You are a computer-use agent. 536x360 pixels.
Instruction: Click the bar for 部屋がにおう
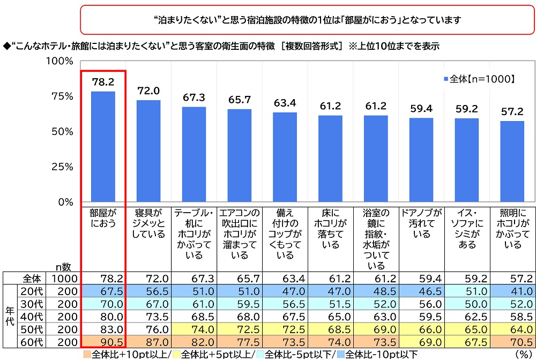pos(103,147)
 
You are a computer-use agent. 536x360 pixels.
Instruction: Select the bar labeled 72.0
pos(148,151)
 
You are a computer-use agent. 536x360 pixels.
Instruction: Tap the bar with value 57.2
pos(512,162)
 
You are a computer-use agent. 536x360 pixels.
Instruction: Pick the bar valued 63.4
pos(285,157)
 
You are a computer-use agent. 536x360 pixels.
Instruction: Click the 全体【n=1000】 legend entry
pos(479,79)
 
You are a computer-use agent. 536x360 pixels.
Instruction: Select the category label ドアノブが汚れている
pos(421,223)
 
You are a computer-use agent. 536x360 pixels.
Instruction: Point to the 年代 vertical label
pos(9,316)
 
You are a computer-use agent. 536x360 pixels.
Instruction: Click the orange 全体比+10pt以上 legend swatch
pos(86,354)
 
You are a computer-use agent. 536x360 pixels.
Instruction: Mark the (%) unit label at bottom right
pos(523,354)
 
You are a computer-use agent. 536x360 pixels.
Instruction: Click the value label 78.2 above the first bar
pos(103,82)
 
